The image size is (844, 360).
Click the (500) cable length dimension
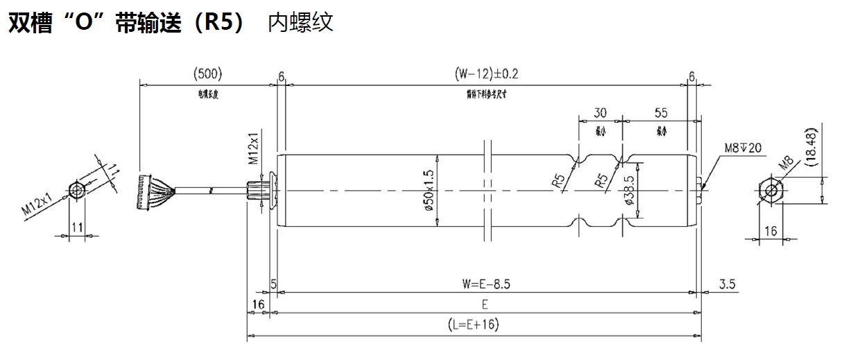tap(208, 74)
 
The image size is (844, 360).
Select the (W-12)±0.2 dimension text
tap(487, 74)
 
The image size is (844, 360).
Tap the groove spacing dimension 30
tap(601, 112)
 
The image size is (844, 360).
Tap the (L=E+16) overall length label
tap(474, 325)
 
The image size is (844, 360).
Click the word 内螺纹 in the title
tap(300, 22)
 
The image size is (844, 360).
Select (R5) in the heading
tap(218, 22)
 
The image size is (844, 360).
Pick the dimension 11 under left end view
tap(78, 227)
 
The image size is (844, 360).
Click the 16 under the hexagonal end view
tap(770, 231)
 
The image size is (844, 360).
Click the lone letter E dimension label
tap(485, 305)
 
